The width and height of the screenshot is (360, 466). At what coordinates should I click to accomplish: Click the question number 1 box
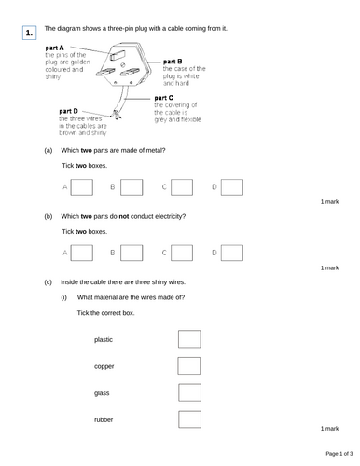[x=31, y=34]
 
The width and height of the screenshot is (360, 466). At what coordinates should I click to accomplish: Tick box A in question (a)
[x=81, y=187]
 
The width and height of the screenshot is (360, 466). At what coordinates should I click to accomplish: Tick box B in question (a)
[x=132, y=187]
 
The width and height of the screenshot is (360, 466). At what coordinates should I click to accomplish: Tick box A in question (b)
[x=81, y=252]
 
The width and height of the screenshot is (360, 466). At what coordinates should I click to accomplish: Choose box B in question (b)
[x=132, y=252]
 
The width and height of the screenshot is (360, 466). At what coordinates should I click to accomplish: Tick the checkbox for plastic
[x=188, y=339]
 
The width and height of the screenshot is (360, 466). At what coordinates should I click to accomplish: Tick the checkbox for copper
[x=188, y=366]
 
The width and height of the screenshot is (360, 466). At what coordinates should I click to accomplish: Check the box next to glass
[x=188, y=392]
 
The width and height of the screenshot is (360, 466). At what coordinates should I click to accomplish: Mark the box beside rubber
[x=188, y=419]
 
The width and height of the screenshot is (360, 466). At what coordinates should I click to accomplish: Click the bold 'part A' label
[x=55, y=48]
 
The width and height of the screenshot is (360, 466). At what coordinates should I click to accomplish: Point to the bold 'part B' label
[x=173, y=62]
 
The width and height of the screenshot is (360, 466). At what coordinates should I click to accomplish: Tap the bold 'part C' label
[x=163, y=97]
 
